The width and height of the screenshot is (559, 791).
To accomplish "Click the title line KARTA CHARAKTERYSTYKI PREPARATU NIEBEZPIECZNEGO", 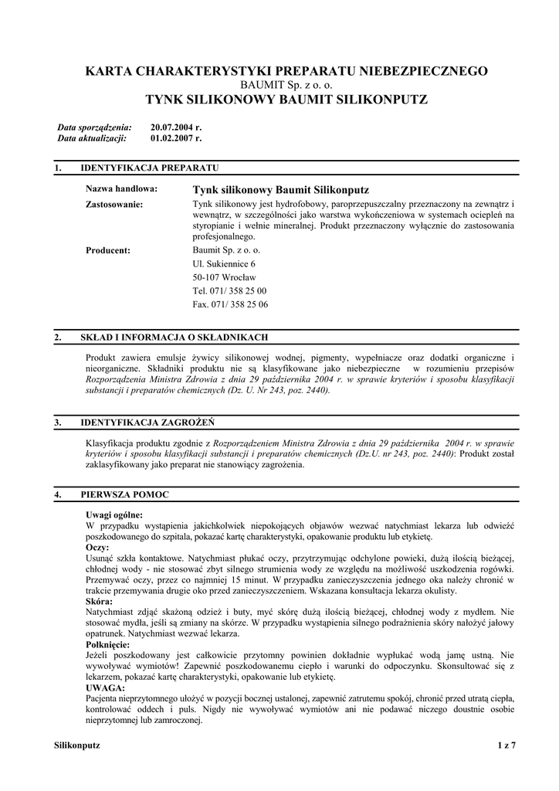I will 286,71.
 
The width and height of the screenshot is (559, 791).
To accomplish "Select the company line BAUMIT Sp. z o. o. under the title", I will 286,85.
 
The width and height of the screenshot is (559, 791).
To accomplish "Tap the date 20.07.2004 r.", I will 176,127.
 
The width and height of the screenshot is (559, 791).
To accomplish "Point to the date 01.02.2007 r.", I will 176,138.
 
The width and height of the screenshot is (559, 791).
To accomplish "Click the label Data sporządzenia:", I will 95,127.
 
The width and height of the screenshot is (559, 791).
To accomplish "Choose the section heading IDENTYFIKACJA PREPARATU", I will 150,168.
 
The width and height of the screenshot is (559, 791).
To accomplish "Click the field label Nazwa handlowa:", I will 121,189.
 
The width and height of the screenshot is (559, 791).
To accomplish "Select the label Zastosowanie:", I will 114,204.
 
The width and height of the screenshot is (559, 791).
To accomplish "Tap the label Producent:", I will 107,250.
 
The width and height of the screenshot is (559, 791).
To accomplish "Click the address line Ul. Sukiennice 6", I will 224,263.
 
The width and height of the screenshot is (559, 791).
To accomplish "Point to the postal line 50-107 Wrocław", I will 224,277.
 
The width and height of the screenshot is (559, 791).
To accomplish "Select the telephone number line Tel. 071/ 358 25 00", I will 229,290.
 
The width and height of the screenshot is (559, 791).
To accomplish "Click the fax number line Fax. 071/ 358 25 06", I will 230,304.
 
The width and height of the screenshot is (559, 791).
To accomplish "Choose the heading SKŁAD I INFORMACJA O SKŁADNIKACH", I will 174,338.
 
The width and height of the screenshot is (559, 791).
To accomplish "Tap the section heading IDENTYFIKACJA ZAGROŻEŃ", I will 147,423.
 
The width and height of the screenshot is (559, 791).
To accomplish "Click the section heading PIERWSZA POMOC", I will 124,494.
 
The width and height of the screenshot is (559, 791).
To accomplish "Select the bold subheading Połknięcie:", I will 107,644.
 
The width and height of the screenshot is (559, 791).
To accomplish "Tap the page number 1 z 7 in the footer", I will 506,745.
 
